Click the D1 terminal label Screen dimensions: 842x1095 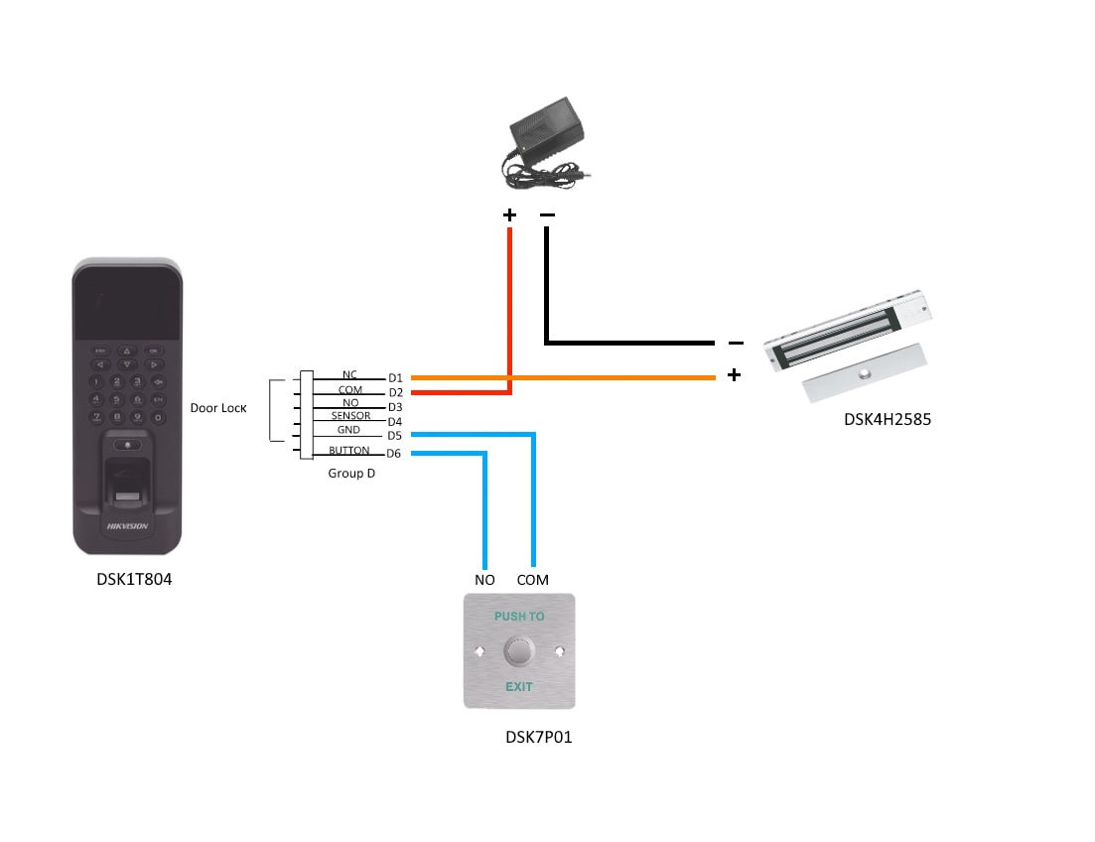[395, 378]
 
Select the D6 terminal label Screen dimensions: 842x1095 [394, 454]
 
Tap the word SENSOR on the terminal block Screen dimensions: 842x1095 [350, 416]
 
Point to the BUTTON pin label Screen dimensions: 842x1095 [348, 451]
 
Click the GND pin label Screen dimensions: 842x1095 [348, 431]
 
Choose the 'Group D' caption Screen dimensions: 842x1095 [351, 474]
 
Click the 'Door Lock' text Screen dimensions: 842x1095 [218, 408]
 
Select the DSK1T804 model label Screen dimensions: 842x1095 [128, 579]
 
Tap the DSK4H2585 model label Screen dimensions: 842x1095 [888, 419]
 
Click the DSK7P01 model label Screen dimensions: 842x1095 [538, 737]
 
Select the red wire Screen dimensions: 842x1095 [509, 308]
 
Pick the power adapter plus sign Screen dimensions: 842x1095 [509, 214]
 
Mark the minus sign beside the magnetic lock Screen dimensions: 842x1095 [736, 343]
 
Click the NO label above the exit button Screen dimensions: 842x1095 [484, 580]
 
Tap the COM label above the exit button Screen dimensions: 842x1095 [532, 580]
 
